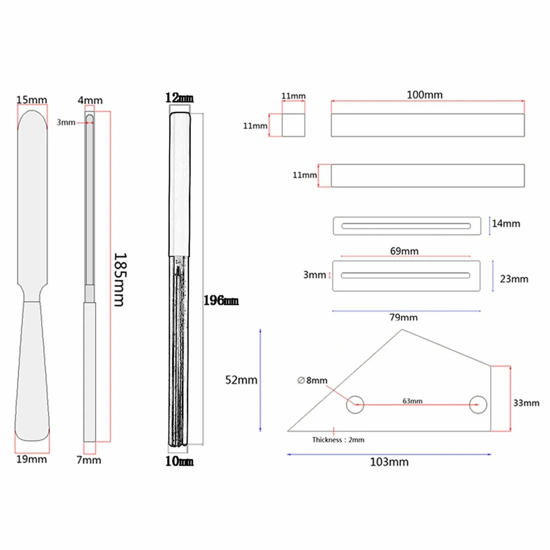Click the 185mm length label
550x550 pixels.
tap(120, 279)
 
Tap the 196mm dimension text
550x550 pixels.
tap(221, 301)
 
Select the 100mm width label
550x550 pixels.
tap(425, 95)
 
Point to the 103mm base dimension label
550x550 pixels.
tap(389, 462)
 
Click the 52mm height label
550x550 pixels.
tap(242, 380)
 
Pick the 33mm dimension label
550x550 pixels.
tap(526, 403)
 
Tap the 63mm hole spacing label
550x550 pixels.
tap(412, 401)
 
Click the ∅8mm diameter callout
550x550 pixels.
tap(312, 380)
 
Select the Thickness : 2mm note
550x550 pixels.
tap(338, 439)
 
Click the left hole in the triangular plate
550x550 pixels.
tap(355, 404)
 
